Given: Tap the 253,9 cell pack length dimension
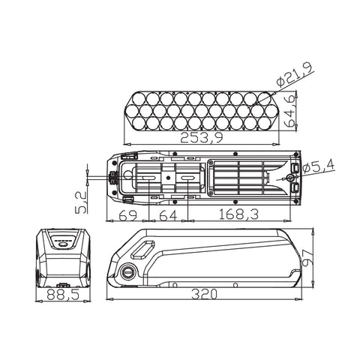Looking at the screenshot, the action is pos(202,138).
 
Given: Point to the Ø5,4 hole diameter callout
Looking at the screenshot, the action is pos(318,167).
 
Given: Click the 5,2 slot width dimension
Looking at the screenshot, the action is pos(81,202).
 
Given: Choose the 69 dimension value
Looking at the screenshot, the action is pos(128,215).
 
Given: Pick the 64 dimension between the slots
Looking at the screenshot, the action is pos(168,215).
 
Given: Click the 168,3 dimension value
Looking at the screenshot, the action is pos(238,214).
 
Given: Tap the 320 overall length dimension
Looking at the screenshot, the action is pos(204,294).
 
